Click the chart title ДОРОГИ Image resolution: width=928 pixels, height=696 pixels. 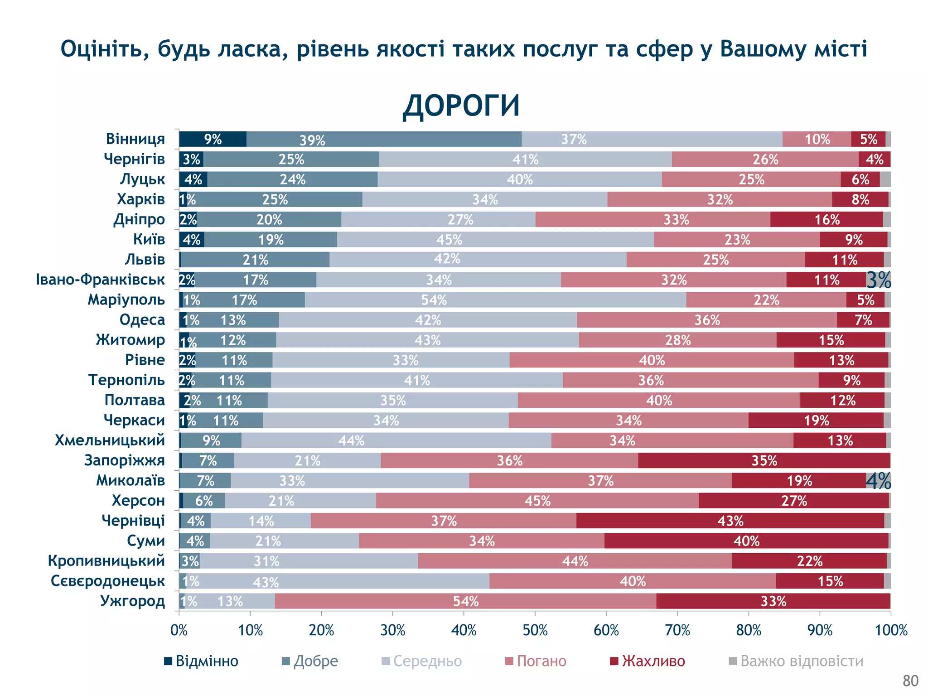(461, 106)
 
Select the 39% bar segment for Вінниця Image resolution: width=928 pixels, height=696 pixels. (384, 139)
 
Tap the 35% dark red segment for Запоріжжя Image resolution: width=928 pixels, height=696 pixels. (764, 460)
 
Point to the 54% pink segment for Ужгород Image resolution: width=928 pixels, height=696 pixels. (465, 601)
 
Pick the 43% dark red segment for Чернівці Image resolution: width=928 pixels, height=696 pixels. (730, 521)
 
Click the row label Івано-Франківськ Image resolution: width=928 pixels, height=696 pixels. (100, 280)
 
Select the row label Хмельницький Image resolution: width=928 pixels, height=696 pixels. (110, 440)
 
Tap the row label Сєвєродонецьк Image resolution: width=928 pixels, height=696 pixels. (108, 581)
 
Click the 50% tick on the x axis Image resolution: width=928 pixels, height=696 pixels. (535, 630)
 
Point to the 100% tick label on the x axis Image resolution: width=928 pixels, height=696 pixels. (891, 630)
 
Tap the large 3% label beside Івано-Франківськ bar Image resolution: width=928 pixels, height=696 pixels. (879, 280)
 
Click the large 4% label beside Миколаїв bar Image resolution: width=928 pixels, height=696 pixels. (879, 481)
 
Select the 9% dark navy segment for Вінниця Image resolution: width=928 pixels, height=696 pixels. (213, 139)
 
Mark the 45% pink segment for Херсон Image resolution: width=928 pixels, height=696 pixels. (537, 501)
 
